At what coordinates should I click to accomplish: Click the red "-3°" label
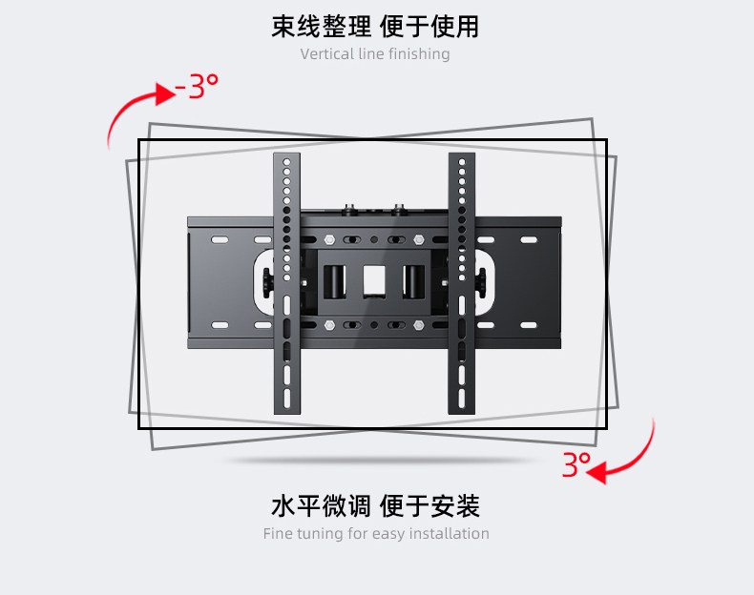click(197, 89)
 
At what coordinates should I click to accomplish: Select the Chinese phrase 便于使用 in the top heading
click(430, 26)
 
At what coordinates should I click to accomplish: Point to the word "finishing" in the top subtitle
click(419, 54)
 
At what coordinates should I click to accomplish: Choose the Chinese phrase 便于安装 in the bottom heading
click(430, 505)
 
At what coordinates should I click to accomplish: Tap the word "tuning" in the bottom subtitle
click(320, 534)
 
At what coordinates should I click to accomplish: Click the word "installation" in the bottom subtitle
click(449, 534)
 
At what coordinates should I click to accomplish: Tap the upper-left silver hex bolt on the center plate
click(329, 239)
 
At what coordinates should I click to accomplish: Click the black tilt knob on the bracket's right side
click(484, 281)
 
